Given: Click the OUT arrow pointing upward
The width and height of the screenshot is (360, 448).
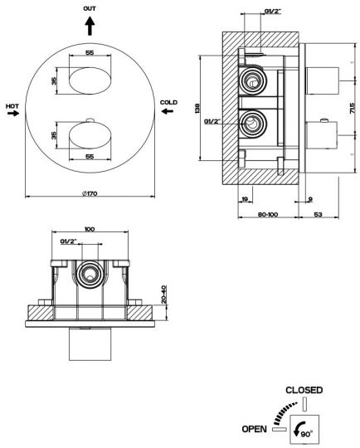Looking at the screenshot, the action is (90, 26).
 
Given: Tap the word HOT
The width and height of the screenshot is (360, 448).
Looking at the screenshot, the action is (12, 106).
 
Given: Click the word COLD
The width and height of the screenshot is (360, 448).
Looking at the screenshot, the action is (168, 102).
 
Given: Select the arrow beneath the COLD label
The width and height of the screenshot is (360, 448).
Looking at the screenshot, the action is (168, 111).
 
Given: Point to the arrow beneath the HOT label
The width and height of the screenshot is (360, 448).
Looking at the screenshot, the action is (13, 114).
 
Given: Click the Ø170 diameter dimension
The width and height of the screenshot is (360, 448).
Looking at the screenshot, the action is (90, 193).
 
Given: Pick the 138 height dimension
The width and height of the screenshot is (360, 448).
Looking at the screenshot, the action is (197, 109).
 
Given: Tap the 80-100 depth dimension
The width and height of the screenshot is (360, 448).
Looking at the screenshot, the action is (268, 214).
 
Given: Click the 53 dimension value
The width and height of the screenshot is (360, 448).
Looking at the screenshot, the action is (318, 214).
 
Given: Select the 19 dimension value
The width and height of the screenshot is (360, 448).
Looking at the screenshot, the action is (245, 199).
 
